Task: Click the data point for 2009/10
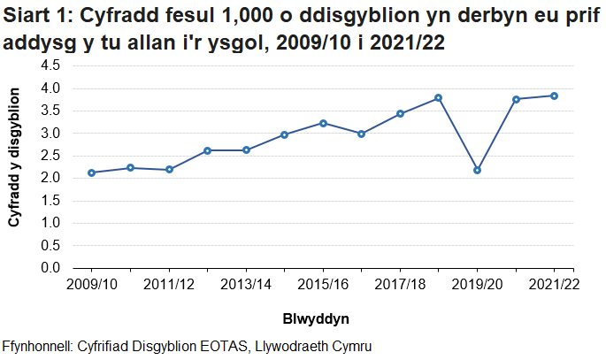[92, 172]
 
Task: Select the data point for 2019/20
[478, 170]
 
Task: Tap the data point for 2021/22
[555, 96]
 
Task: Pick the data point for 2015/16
[323, 123]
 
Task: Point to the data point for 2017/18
[400, 113]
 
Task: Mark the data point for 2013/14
[246, 149]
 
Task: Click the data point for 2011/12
[169, 169]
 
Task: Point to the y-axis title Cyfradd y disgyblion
[15, 166]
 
